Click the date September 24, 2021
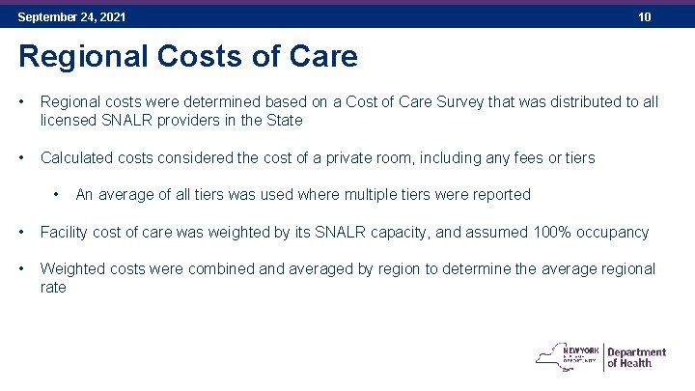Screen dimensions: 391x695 tap(71, 17)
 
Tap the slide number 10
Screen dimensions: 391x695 tap(644, 17)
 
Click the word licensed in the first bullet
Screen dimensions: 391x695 tap(69, 121)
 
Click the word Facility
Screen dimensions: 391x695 tap(67, 232)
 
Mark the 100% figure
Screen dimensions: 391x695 tap(546, 232)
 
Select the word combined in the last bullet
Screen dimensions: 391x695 tap(236, 268)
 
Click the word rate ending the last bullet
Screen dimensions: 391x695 tap(53, 288)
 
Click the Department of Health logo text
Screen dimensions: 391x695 tap(636, 357)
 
